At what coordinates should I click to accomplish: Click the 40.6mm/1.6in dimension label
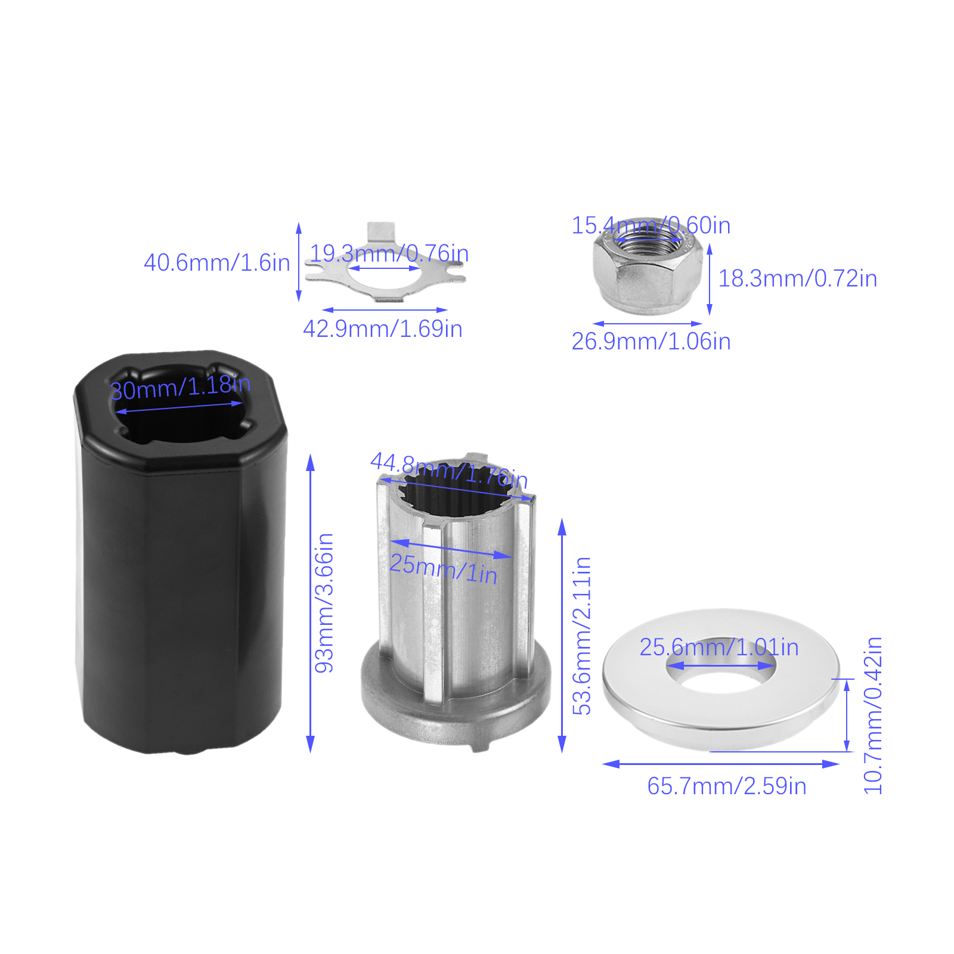(x=217, y=263)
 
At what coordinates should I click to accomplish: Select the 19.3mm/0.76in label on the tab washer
(x=389, y=253)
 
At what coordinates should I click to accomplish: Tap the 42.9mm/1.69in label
(x=383, y=329)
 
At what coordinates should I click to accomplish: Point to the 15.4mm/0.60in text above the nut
(x=651, y=225)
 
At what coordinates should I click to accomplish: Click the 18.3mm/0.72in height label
(x=798, y=278)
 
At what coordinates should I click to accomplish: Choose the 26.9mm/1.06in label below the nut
(x=651, y=342)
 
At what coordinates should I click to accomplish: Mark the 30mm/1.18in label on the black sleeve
(x=180, y=388)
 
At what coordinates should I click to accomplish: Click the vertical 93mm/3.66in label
(x=324, y=603)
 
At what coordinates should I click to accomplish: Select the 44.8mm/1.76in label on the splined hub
(x=449, y=470)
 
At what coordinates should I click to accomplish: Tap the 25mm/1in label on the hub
(x=444, y=569)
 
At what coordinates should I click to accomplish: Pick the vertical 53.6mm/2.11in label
(x=582, y=636)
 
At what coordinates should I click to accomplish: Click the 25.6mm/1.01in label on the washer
(x=719, y=648)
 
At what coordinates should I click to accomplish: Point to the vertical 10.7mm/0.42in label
(x=873, y=715)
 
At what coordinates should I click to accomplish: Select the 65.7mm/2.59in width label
(x=727, y=786)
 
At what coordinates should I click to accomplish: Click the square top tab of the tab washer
(x=381, y=231)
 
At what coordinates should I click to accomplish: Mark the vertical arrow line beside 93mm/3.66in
(x=310, y=603)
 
